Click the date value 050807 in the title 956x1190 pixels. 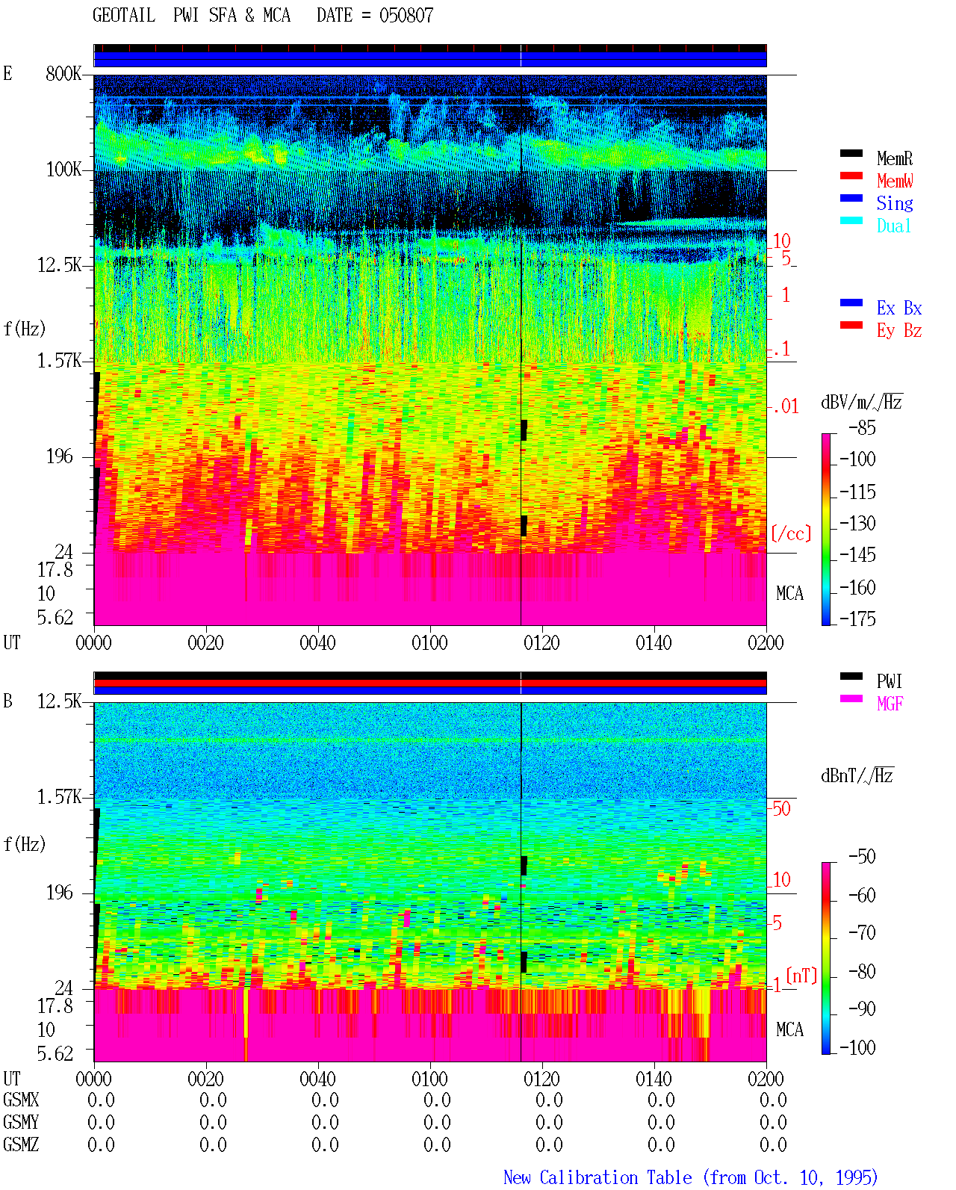pos(406,16)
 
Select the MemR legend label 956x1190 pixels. pos(895,158)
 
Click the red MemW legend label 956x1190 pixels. pos(895,181)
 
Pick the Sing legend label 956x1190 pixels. pos(895,203)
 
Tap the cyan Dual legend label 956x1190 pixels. pos(894,226)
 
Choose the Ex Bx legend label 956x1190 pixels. pos(899,308)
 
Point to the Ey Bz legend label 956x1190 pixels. pos(899,331)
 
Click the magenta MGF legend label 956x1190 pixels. pos(890,704)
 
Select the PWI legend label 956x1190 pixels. pos(889,681)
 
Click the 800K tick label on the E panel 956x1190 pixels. pos(63,73)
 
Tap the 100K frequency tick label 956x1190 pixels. pos(63,170)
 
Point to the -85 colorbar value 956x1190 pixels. pos(862,428)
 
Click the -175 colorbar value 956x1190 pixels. pos(857,619)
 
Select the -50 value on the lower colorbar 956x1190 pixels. pos(862,857)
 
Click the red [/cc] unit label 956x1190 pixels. pos(791,533)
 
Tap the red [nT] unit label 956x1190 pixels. pos(801,976)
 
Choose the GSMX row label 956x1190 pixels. pos(21,1100)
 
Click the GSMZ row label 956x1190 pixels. pos(21,1144)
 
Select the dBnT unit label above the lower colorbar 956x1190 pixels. pos(857,776)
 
